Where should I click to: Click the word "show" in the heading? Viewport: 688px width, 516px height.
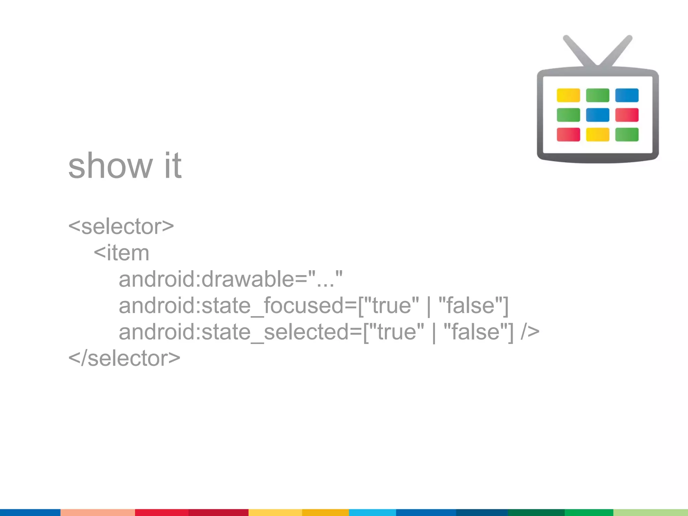coord(110,166)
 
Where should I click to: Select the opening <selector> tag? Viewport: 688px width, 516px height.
coord(121,226)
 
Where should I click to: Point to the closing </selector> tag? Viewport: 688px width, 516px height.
coord(124,358)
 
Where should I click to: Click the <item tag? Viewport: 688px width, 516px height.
coord(121,253)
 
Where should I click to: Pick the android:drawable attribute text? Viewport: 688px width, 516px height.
coord(230,279)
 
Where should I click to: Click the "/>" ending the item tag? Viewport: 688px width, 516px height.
coord(530,332)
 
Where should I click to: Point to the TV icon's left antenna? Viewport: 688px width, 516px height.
coord(579,50)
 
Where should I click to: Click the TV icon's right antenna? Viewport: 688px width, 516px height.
coord(617,50)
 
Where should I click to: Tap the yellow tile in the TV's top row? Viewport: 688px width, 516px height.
coord(568,95)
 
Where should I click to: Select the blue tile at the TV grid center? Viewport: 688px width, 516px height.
coord(597,115)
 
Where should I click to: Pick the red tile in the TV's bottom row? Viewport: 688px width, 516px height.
coord(568,134)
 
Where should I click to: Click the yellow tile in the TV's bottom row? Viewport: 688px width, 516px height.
coord(597,134)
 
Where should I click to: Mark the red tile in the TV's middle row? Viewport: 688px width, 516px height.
coord(627,115)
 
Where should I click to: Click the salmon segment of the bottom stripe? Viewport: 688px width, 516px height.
coord(97,512)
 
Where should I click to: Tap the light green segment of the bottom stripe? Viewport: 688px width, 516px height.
coord(650,512)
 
